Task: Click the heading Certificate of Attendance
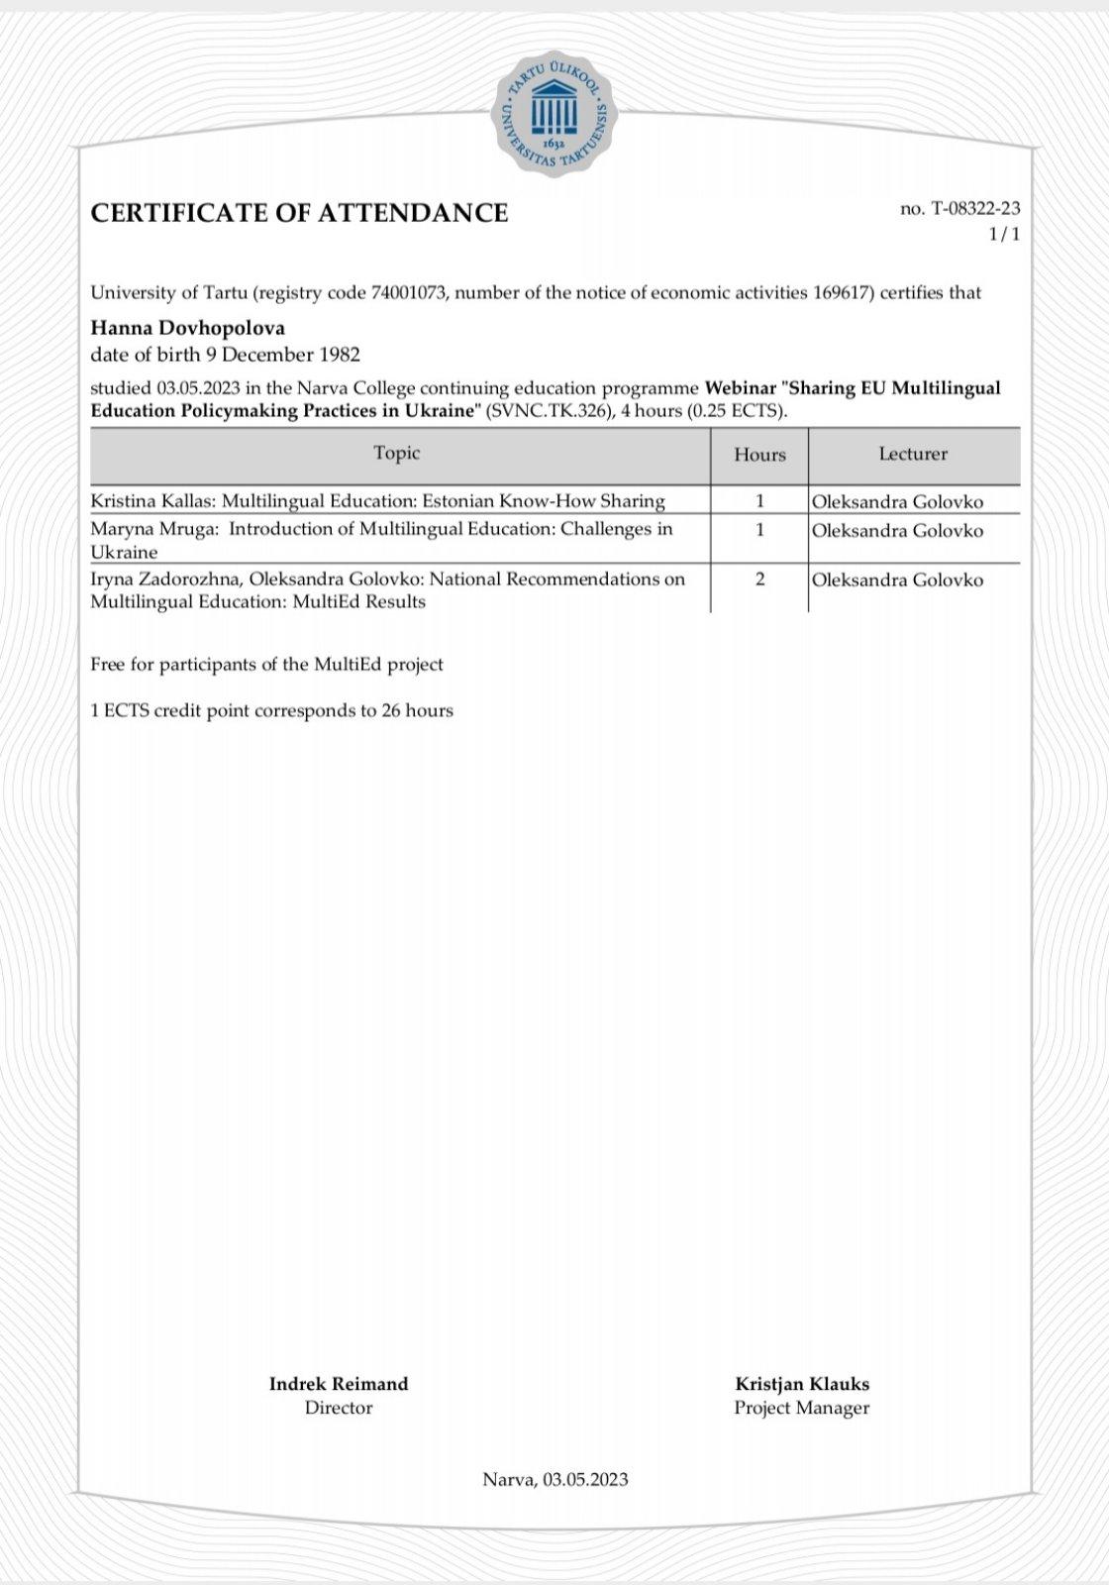[299, 213]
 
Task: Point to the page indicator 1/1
[1004, 234]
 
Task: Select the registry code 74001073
[408, 292]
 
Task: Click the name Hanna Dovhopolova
[187, 327]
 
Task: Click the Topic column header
[397, 453]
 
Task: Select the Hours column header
[759, 455]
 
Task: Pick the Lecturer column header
[913, 454]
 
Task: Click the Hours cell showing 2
[759, 580]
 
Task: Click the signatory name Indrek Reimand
[339, 1384]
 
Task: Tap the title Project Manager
[802, 1408]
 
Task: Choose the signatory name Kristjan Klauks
[802, 1384]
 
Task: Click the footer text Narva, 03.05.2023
[555, 1480]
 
